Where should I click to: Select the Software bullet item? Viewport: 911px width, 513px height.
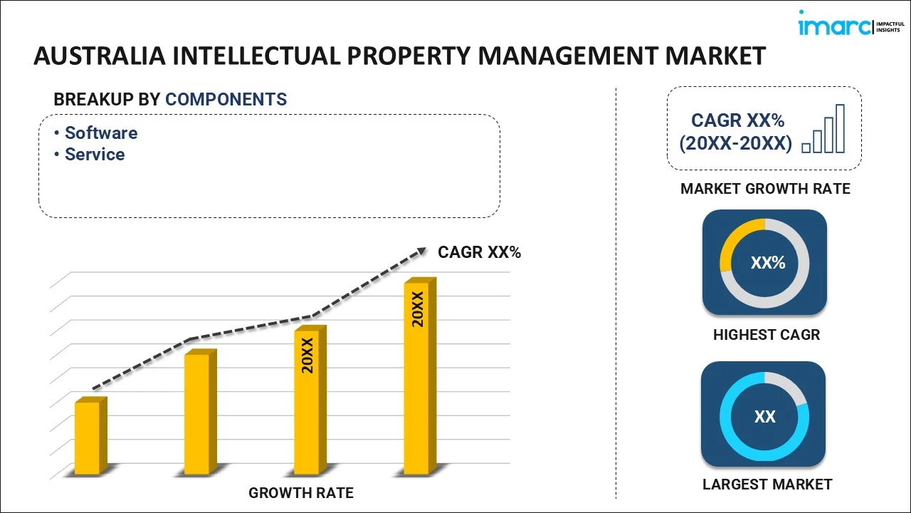tap(101, 133)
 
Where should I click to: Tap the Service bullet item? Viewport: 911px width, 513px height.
tap(95, 155)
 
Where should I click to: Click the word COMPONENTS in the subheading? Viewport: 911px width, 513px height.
tap(226, 100)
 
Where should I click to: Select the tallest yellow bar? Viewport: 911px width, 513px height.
tap(417, 378)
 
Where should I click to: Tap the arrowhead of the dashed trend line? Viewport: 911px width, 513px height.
tap(421, 251)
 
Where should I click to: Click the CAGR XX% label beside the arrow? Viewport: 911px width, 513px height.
tap(479, 252)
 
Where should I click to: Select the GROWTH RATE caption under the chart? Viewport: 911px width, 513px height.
tap(300, 492)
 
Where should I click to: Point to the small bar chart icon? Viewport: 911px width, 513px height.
tap(823, 130)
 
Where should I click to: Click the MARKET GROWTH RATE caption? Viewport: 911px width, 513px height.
tap(765, 189)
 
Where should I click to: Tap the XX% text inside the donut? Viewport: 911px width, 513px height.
tap(767, 263)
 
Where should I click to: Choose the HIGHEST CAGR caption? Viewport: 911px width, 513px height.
tap(766, 335)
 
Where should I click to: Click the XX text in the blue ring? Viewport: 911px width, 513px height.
tap(764, 417)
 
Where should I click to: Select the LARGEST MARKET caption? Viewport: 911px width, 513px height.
tap(767, 484)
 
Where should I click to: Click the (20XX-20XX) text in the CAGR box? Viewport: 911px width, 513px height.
tap(734, 143)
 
